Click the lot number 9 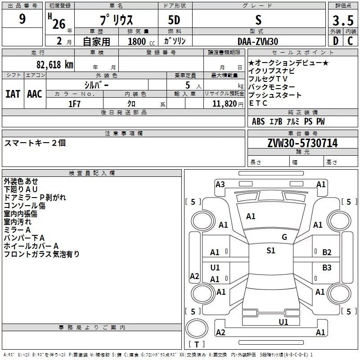click(22, 20)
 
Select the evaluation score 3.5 click(342, 20)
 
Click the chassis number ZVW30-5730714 click(302, 143)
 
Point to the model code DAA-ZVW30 click(258, 41)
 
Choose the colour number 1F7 click(74, 103)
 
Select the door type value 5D click(175, 20)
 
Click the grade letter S click(258, 20)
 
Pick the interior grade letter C click(350, 41)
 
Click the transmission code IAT click(13, 94)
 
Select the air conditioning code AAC click(35, 94)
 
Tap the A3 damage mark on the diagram click(220, 184)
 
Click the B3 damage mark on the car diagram click(327, 268)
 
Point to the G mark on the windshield click(284, 237)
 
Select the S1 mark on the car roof click(270, 251)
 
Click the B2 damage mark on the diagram click(327, 252)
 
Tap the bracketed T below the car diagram click(196, 344)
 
